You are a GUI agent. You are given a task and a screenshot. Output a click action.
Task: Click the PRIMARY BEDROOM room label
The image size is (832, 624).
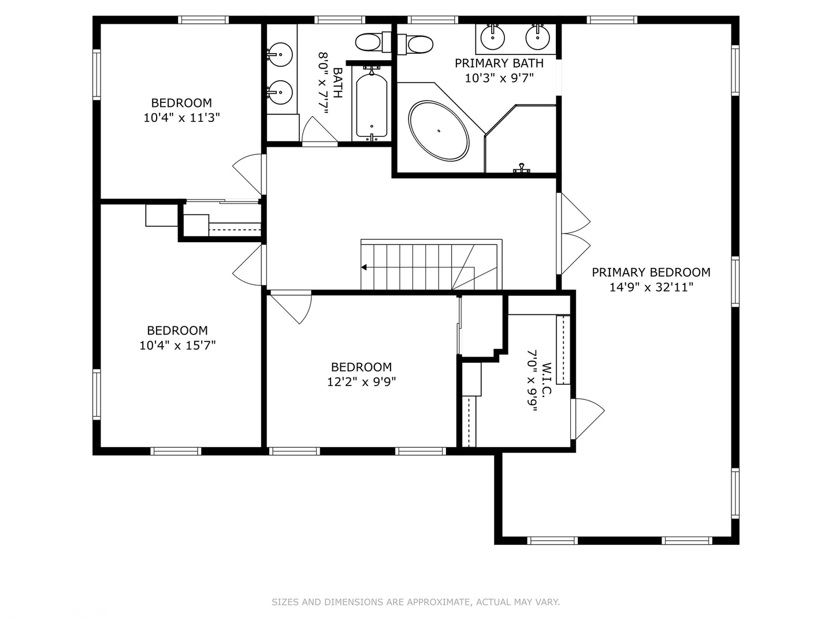(651, 272)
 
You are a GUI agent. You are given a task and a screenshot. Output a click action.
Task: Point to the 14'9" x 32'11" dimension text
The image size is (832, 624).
(651, 287)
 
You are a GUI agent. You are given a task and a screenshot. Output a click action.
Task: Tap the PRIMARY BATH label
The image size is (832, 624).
(499, 63)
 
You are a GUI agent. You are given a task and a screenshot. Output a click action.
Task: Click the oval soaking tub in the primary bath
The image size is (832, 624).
(439, 131)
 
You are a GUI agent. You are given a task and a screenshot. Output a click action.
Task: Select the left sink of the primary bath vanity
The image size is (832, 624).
(493, 38)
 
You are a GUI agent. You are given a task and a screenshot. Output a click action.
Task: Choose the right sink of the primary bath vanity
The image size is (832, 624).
(537, 38)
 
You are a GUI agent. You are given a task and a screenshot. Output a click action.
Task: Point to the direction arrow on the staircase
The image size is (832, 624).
(365, 267)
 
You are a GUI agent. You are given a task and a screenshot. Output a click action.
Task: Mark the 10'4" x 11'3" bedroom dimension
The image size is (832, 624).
(181, 118)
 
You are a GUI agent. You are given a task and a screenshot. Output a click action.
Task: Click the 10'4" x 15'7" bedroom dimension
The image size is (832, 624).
(177, 346)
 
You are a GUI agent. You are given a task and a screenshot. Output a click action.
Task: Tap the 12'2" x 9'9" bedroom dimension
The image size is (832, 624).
(361, 382)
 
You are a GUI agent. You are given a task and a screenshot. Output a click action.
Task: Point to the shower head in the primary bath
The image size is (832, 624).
(522, 168)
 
